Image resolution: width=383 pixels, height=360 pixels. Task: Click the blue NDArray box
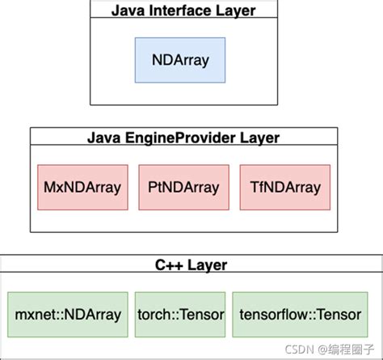180,60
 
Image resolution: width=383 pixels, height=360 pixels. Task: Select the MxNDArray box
82,188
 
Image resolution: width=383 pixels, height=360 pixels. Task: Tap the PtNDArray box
184,188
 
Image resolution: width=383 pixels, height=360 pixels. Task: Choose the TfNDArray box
285,188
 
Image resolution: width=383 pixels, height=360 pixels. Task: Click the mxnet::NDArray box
68,315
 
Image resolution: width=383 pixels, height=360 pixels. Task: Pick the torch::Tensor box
180,315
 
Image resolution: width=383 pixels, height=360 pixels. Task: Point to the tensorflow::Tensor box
300,315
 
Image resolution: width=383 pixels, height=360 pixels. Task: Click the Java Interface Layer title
183,11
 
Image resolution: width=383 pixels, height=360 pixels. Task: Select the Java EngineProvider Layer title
183,138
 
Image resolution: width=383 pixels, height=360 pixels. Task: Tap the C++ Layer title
191,265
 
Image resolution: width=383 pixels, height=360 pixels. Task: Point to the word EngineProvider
180,138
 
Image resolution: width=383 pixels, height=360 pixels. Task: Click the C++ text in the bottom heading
169,265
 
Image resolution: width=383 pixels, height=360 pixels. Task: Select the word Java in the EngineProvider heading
104,138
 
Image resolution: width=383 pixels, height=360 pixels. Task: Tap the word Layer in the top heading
236,11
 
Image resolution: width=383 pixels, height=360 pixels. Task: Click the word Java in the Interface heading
128,11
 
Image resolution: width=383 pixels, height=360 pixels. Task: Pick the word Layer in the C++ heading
208,265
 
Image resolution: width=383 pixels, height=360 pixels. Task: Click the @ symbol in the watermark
322,349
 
